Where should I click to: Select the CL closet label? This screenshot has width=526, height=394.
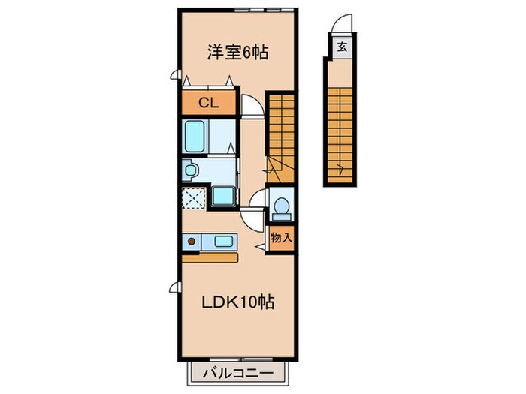click(x=208, y=104)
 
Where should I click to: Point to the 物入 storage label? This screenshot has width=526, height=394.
click(x=281, y=237)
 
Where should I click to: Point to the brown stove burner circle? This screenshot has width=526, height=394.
click(x=192, y=242)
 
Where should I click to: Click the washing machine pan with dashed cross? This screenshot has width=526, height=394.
click(x=194, y=198)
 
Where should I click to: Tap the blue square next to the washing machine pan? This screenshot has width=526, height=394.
click(x=222, y=197)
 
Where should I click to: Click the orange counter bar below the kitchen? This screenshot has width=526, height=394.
click(x=210, y=257)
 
